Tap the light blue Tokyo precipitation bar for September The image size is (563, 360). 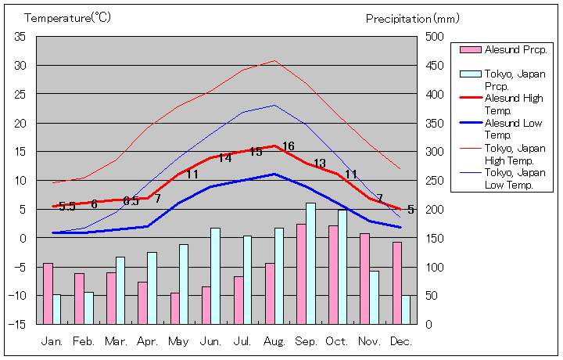(x=310, y=263)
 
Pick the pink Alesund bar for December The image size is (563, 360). (x=397, y=283)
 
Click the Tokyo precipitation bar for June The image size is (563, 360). (x=215, y=275)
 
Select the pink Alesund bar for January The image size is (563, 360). (x=48, y=293)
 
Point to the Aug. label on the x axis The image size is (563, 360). (x=274, y=341)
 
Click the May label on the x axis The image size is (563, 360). (x=178, y=341)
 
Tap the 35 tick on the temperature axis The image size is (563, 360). (x=20, y=37)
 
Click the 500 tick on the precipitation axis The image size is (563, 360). (x=435, y=37)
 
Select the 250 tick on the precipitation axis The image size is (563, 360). (x=435, y=180)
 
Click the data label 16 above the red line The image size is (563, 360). (x=288, y=146)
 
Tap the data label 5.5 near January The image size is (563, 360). (x=67, y=207)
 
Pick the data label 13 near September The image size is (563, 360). (x=319, y=164)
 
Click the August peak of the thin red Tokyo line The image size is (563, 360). (x=274, y=60)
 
